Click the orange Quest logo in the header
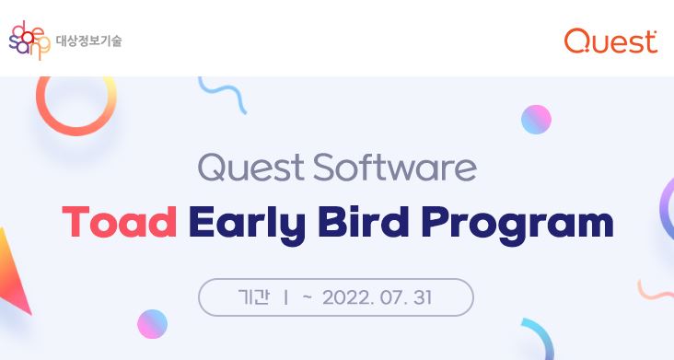610,41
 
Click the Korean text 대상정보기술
88,41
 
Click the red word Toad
119,223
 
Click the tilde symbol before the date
308,297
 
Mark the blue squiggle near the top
222,93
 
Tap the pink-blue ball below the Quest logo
536,119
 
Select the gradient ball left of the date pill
152,323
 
